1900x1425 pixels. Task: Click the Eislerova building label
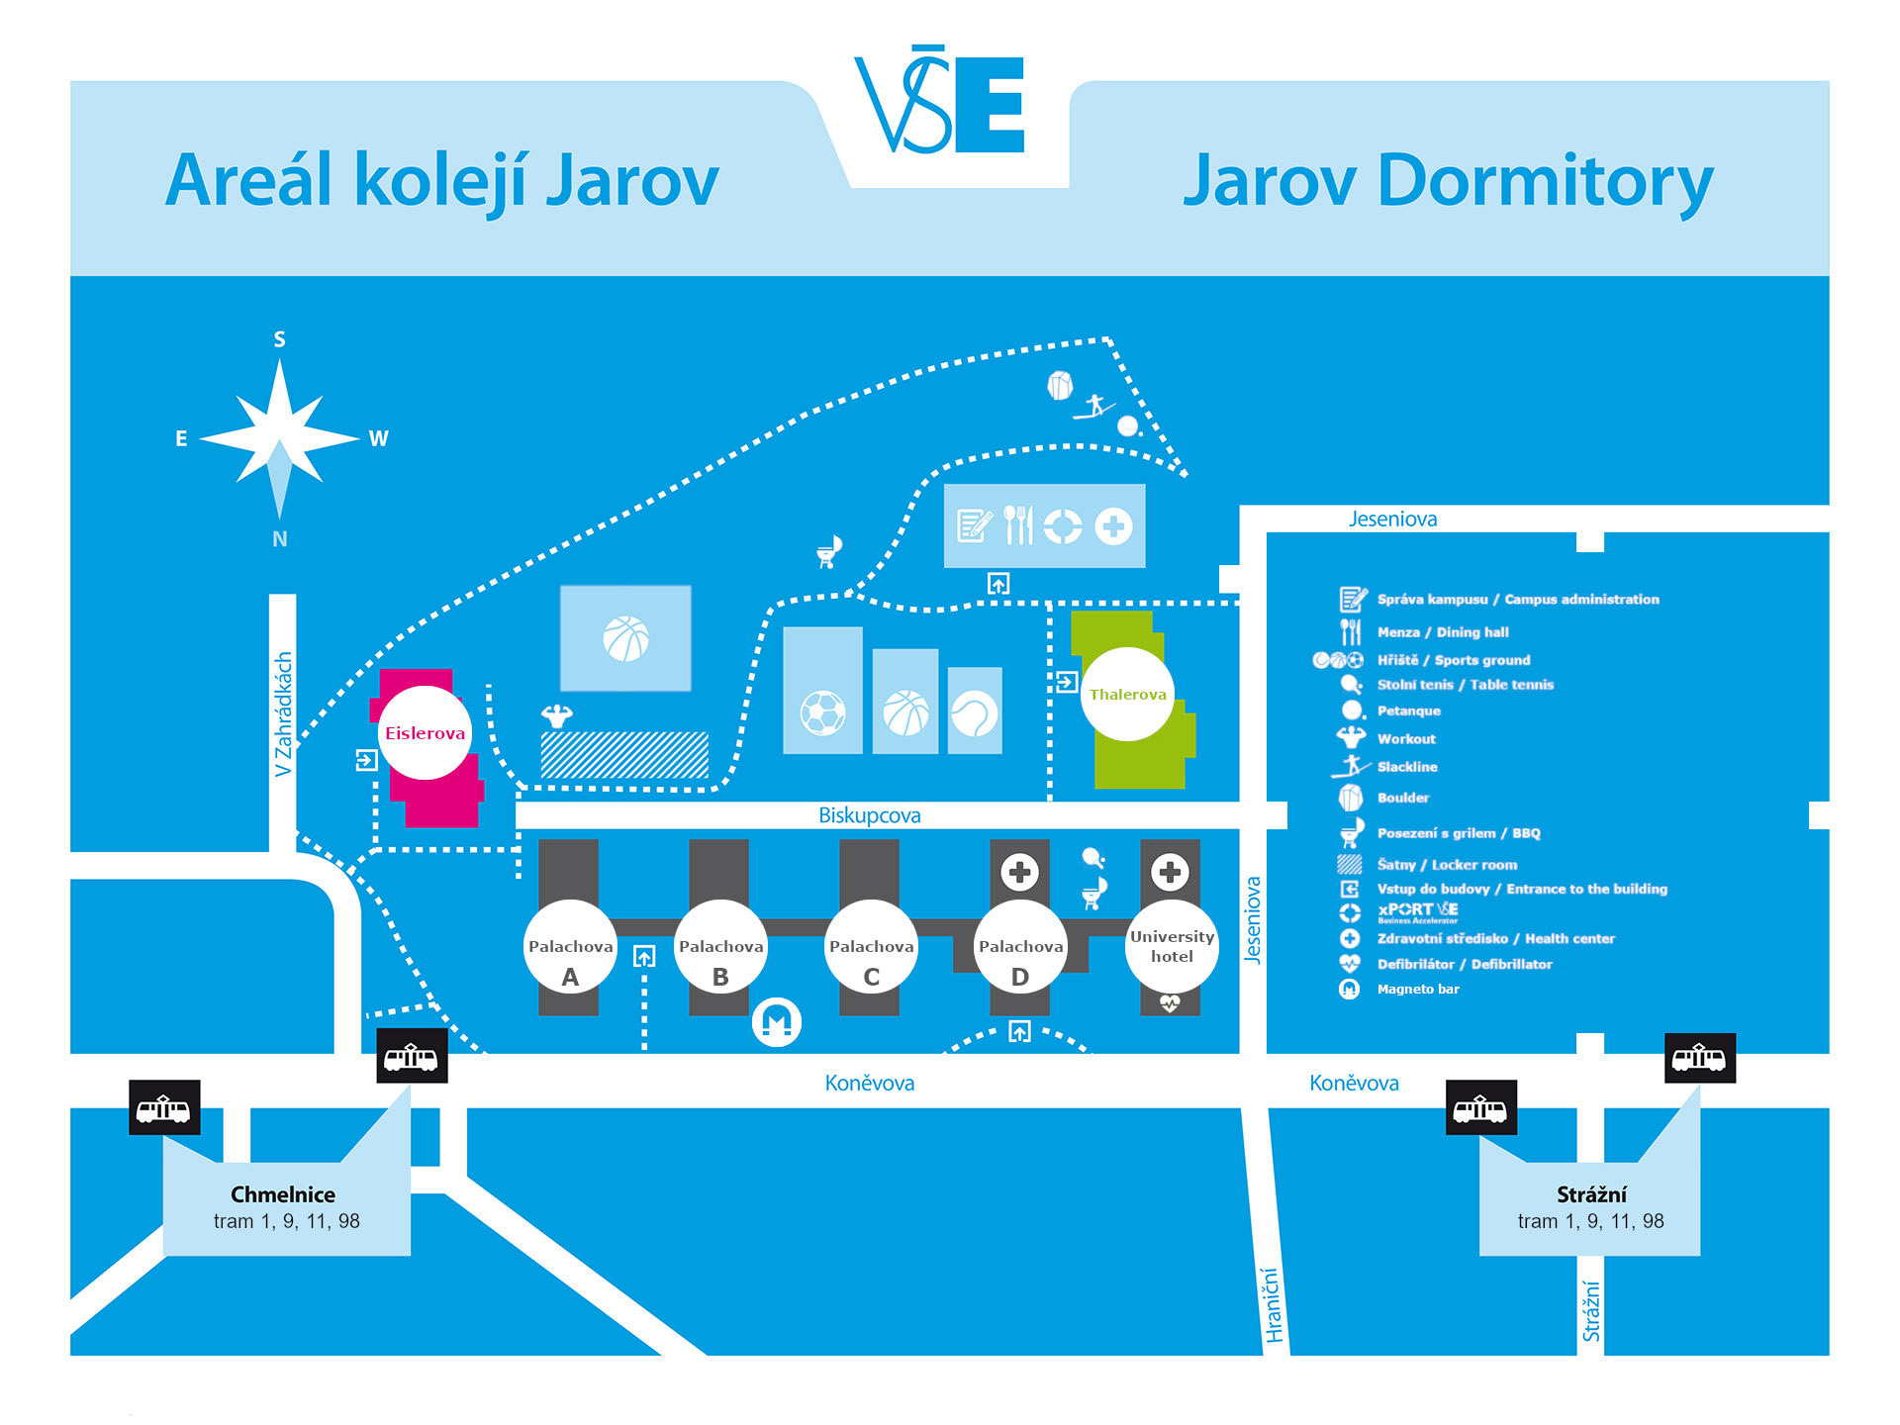click(x=425, y=733)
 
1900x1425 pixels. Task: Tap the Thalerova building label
click(x=1127, y=695)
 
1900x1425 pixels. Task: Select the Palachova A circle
click(x=570, y=947)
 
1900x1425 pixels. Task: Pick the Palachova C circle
click(x=871, y=947)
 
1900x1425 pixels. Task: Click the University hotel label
click(x=1172, y=946)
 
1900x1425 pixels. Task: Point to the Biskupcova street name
click(x=869, y=815)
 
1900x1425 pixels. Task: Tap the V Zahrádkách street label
click(x=283, y=713)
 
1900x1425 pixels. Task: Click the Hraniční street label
click(x=1273, y=1304)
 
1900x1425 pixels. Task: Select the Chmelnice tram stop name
click(x=283, y=1194)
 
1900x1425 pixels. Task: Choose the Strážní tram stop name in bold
click(x=1591, y=1194)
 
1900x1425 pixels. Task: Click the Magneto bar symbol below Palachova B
click(x=776, y=1022)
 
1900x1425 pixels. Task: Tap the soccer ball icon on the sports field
click(x=822, y=712)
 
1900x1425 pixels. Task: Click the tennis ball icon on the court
click(x=974, y=712)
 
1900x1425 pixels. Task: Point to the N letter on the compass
click(x=280, y=539)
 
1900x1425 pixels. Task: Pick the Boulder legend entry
click(x=1383, y=797)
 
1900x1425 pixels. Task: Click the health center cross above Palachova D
click(x=1019, y=872)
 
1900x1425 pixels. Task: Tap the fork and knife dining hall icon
click(x=1018, y=525)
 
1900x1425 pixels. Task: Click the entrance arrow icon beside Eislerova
click(x=366, y=760)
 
